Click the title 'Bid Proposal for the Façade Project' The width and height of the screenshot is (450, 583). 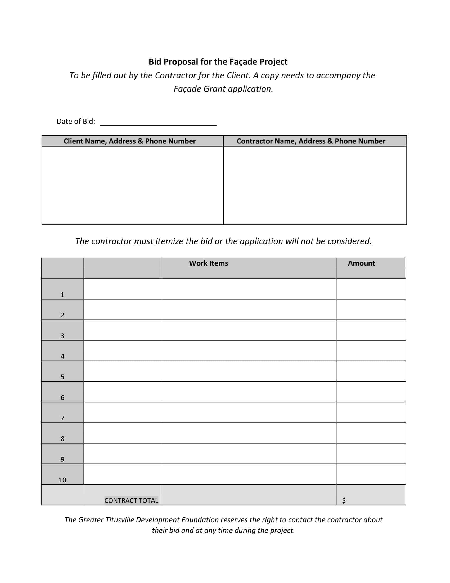[x=218, y=62]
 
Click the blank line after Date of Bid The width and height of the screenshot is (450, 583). [x=158, y=122]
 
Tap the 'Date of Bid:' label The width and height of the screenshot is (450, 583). [x=76, y=122]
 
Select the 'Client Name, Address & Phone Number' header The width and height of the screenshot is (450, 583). [x=129, y=141]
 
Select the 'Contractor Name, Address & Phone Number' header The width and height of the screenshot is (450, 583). [x=311, y=141]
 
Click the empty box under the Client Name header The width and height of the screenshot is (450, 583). [x=132, y=185]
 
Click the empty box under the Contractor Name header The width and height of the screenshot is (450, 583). [x=315, y=185]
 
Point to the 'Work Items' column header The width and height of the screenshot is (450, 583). [x=208, y=263]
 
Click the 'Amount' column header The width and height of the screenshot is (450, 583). [x=361, y=263]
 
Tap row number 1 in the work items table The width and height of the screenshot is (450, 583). [x=62, y=294]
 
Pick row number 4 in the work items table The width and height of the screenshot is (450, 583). [x=62, y=356]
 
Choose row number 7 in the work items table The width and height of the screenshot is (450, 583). [x=62, y=418]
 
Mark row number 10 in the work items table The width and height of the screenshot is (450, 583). [x=62, y=480]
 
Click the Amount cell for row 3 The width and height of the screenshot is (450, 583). [x=371, y=330]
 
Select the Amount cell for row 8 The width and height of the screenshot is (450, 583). [x=371, y=433]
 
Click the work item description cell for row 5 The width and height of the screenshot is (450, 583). [x=210, y=371]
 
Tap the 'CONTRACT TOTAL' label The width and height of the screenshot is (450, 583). [x=131, y=500]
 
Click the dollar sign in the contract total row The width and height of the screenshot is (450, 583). [x=344, y=500]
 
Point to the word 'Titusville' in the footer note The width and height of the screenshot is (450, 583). [x=120, y=520]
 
